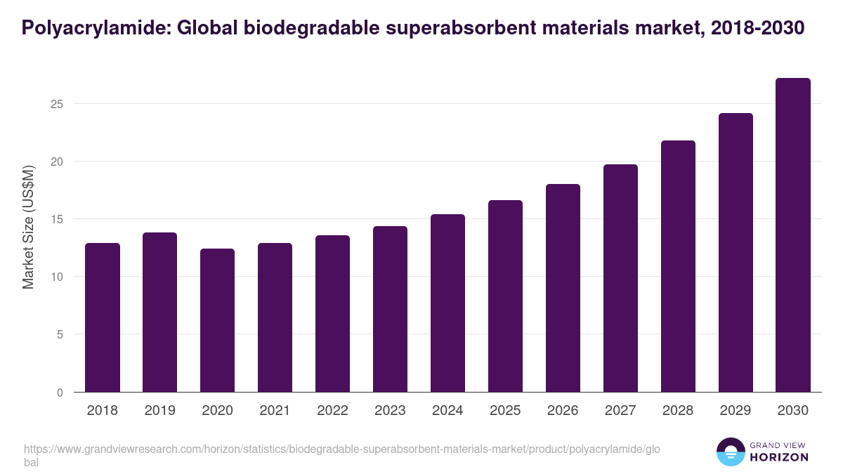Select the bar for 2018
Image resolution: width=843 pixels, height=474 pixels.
coord(103,317)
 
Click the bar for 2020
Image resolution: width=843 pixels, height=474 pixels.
coord(218,320)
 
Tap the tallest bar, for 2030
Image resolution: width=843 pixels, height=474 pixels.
coord(793,235)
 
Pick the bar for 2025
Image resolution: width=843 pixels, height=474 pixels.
coord(506,296)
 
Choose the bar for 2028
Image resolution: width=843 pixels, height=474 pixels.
coord(678,267)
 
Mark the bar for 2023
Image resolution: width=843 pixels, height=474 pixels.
coord(391,309)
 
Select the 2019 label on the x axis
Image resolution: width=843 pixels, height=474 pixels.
coord(160,411)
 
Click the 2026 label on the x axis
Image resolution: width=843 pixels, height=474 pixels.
coord(563,411)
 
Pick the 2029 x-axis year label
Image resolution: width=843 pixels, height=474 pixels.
coord(736,411)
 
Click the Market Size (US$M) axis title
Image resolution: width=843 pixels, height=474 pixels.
coord(28,228)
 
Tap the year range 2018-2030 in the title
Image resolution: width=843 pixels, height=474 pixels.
coord(757,28)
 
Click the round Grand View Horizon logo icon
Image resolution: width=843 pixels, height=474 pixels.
coord(731,452)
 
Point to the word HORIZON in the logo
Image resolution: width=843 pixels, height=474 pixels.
coord(779,457)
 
